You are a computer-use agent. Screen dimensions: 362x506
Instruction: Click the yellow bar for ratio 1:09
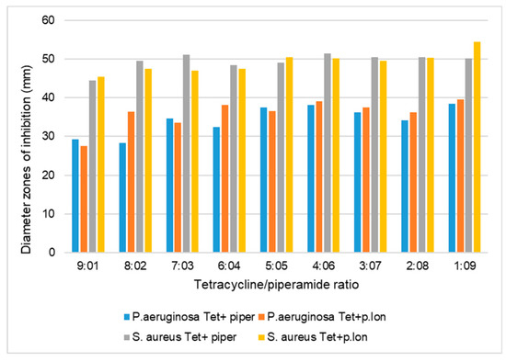click(476, 147)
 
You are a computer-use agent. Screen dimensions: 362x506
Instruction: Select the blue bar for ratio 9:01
click(75, 196)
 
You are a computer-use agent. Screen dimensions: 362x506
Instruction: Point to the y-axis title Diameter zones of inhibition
click(22, 136)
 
